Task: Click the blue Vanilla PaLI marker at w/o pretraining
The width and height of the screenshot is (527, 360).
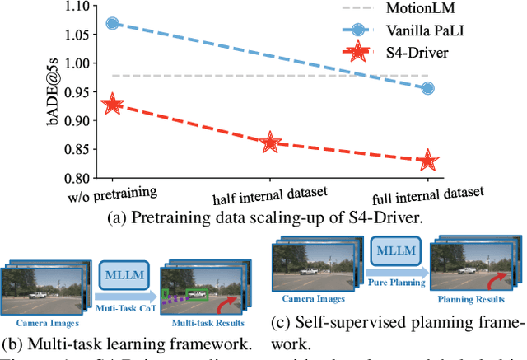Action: tap(113, 24)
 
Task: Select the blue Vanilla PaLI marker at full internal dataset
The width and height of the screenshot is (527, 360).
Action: tap(427, 88)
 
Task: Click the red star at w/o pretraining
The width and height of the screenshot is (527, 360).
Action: tap(113, 105)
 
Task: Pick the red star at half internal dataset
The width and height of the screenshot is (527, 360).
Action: tap(270, 143)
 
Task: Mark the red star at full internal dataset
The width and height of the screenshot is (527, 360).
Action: tap(427, 161)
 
